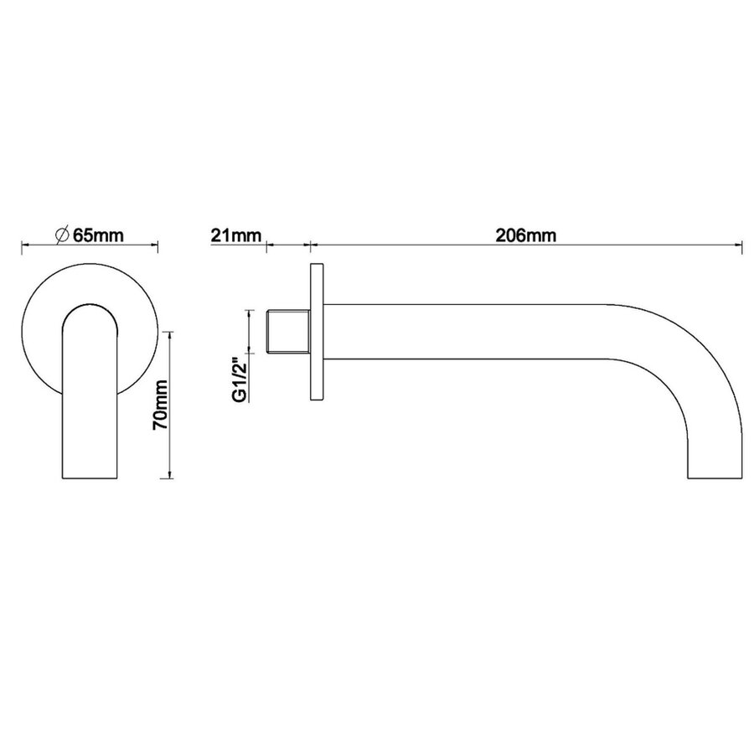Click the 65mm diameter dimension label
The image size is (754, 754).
tap(97, 235)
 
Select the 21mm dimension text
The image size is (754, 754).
tap(235, 235)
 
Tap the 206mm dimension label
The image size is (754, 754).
tap(526, 235)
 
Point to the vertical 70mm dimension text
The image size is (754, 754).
tap(162, 404)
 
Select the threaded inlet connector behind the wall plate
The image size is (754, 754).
tap(288, 332)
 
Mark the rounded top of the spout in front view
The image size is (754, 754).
tap(90, 309)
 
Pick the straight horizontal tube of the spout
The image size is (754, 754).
tap(469, 332)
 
